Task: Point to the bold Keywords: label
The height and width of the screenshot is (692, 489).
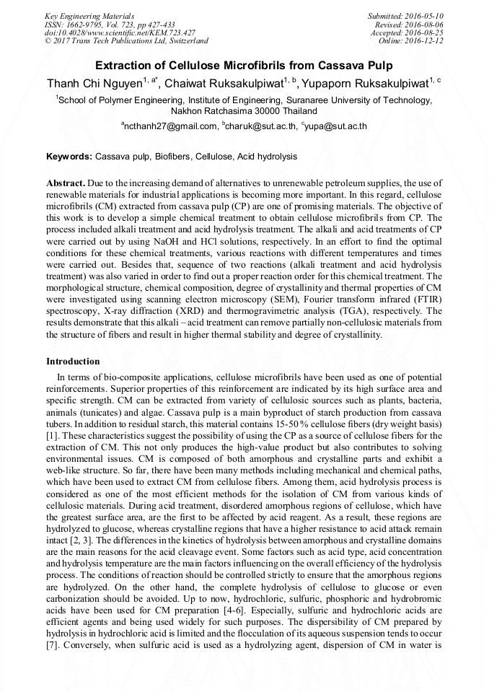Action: pyautogui.click(x=69, y=157)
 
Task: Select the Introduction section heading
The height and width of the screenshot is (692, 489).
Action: pyautogui.click(x=73, y=361)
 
